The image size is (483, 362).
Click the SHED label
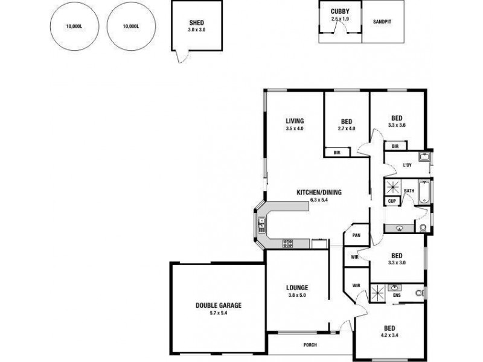point(197,24)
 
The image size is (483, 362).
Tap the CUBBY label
point(340,11)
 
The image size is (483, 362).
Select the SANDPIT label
point(382,21)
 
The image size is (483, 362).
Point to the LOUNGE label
point(297,287)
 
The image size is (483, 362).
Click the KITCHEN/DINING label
point(319,192)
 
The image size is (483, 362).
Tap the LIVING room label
point(295,120)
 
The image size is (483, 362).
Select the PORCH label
point(311,345)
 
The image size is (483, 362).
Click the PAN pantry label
point(356,235)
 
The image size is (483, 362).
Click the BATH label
point(409,191)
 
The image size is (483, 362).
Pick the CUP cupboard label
point(392,201)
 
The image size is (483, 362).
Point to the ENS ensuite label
point(396,296)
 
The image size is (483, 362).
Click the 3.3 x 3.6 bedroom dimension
point(397,125)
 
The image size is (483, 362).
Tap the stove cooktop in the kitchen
point(287,244)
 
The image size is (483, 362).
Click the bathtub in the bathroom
point(424,192)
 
